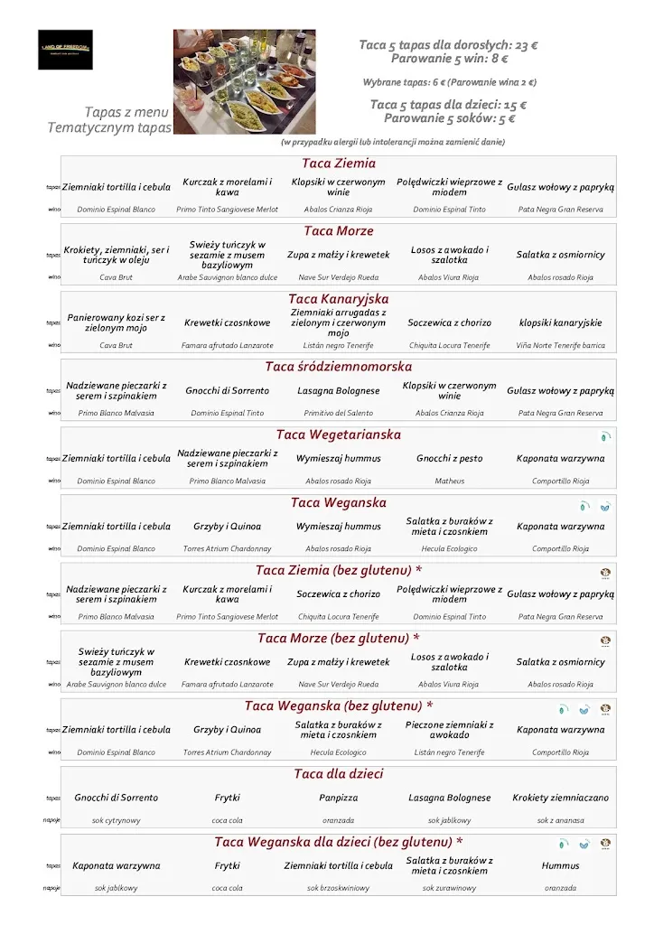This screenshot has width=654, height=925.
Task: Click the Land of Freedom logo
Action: pos(65,50)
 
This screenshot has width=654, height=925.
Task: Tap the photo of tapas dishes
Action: pos(244,81)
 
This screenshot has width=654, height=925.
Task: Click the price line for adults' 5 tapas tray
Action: pos(443,45)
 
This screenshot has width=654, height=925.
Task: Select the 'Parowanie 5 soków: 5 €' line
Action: pos(449,118)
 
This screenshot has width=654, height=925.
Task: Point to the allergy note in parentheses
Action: pos(392,142)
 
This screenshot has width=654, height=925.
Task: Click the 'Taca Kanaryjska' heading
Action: pos(339,299)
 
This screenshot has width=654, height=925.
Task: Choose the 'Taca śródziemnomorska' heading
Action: pos(339,367)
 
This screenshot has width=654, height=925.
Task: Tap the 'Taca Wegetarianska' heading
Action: pos(339,434)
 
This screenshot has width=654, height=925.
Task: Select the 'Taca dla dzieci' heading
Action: pos(339,774)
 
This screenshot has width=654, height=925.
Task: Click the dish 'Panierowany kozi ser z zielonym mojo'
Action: pos(117,322)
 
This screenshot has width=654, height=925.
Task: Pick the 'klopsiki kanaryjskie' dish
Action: pos(560,322)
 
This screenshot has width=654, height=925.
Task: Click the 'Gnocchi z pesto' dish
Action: pos(449,458)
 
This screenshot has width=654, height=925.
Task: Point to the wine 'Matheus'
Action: pos(449,481)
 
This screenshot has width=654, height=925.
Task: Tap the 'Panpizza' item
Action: pos(339,798)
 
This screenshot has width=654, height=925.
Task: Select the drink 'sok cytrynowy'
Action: pos(117,821)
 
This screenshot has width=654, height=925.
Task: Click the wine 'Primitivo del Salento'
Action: pos(339,413)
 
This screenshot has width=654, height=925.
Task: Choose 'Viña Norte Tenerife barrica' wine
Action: pos(560,345)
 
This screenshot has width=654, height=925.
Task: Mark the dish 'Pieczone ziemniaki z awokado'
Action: pos(449,729)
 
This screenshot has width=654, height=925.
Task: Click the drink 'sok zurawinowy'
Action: pos(449,888)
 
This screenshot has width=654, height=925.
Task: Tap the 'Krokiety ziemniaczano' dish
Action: pos(560,798)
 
